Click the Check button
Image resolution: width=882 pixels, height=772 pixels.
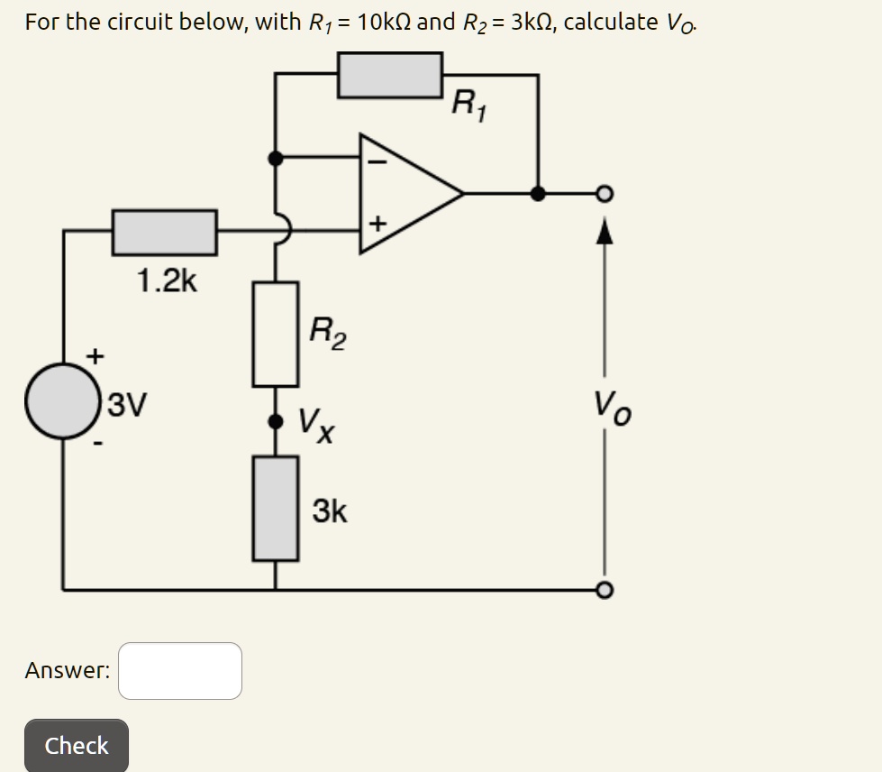point(77,745)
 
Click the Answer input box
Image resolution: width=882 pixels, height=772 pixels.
point(180,670)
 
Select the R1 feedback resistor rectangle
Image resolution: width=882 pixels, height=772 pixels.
point(390,75)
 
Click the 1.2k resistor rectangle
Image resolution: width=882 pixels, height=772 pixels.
point(164,232)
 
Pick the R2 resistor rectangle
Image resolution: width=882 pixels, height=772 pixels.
point(276,334)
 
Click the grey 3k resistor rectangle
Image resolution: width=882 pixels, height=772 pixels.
point(276,508)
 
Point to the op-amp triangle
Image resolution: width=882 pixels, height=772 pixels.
point(405,192)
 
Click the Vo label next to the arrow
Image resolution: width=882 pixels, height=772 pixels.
point(612,407)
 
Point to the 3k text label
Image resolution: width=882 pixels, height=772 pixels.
point(329,511)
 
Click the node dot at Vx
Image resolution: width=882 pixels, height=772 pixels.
point(276,421)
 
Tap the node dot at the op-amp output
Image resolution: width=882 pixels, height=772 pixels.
point(538,192)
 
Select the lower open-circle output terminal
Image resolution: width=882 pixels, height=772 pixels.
point(605,590)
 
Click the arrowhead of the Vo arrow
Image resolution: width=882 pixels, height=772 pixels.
point(605,233)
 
